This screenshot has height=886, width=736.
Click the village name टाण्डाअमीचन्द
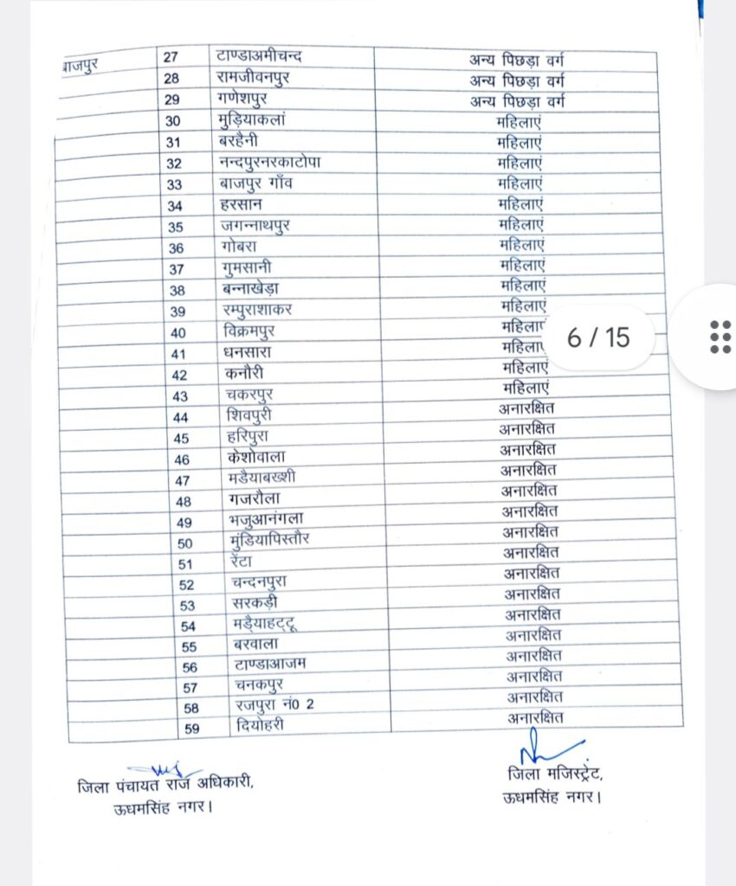(x=259, y=57)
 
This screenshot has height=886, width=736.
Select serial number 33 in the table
(x=174, y=184)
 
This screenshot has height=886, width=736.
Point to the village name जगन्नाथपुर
(x=256, y=226)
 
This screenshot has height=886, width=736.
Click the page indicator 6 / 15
(x=598, y=337)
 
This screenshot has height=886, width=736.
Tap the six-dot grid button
(x=720, y=337)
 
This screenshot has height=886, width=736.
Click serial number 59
(x=191, y=729)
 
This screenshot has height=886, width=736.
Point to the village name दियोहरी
(x=260, y=727)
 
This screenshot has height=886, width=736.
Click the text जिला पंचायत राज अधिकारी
(x=165, y=787)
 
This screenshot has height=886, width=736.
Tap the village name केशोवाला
(x=255, y=458)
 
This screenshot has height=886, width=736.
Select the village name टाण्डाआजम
(x=270, y=664)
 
